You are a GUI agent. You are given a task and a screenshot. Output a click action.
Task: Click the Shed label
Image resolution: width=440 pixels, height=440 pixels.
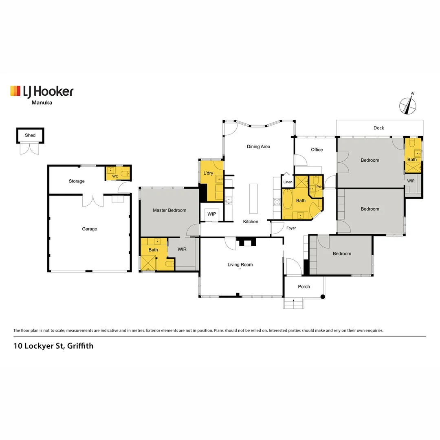[x=30, y=135]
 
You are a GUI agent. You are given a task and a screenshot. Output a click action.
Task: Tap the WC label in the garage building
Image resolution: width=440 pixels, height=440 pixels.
[x=115, y=176]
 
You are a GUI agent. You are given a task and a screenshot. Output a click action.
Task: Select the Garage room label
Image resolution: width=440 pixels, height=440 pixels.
[x=90, y=229]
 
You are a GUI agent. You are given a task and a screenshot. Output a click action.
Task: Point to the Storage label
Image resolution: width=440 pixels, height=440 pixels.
[x=77, y=181]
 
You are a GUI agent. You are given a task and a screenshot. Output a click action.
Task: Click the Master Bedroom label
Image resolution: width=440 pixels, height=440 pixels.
[x=169, y=210]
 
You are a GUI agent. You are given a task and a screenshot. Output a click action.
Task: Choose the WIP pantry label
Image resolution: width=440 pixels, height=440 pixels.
[x=212, y=214]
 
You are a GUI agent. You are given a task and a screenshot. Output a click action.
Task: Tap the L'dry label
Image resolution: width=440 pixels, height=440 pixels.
[x=208, y=173]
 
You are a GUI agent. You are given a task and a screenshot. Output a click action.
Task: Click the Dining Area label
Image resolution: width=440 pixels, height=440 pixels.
[x=259, y=147]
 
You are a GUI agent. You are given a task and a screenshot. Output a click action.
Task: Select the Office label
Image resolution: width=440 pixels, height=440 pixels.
[x=317, y=150]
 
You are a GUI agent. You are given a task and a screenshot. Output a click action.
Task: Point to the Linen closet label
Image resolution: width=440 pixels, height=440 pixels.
[x=288, y=182]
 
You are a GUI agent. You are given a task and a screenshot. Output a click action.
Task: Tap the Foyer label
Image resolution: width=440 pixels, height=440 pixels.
[x=291, y=228]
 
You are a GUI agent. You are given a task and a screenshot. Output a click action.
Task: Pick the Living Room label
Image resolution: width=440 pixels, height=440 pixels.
[x=240, y=265]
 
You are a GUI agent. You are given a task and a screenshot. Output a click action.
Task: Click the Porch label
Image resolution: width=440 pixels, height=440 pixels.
[x=304, y=287]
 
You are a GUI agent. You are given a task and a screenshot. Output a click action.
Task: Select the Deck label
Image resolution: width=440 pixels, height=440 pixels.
[x=379, y=128]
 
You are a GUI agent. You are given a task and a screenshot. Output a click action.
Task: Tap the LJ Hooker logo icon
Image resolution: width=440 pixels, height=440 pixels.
[x=15, y=91]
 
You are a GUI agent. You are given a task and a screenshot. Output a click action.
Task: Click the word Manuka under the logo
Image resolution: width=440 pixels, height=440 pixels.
[x=42, y=103]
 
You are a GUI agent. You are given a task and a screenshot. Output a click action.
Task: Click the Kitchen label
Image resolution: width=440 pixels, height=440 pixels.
[x=251, y=222]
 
